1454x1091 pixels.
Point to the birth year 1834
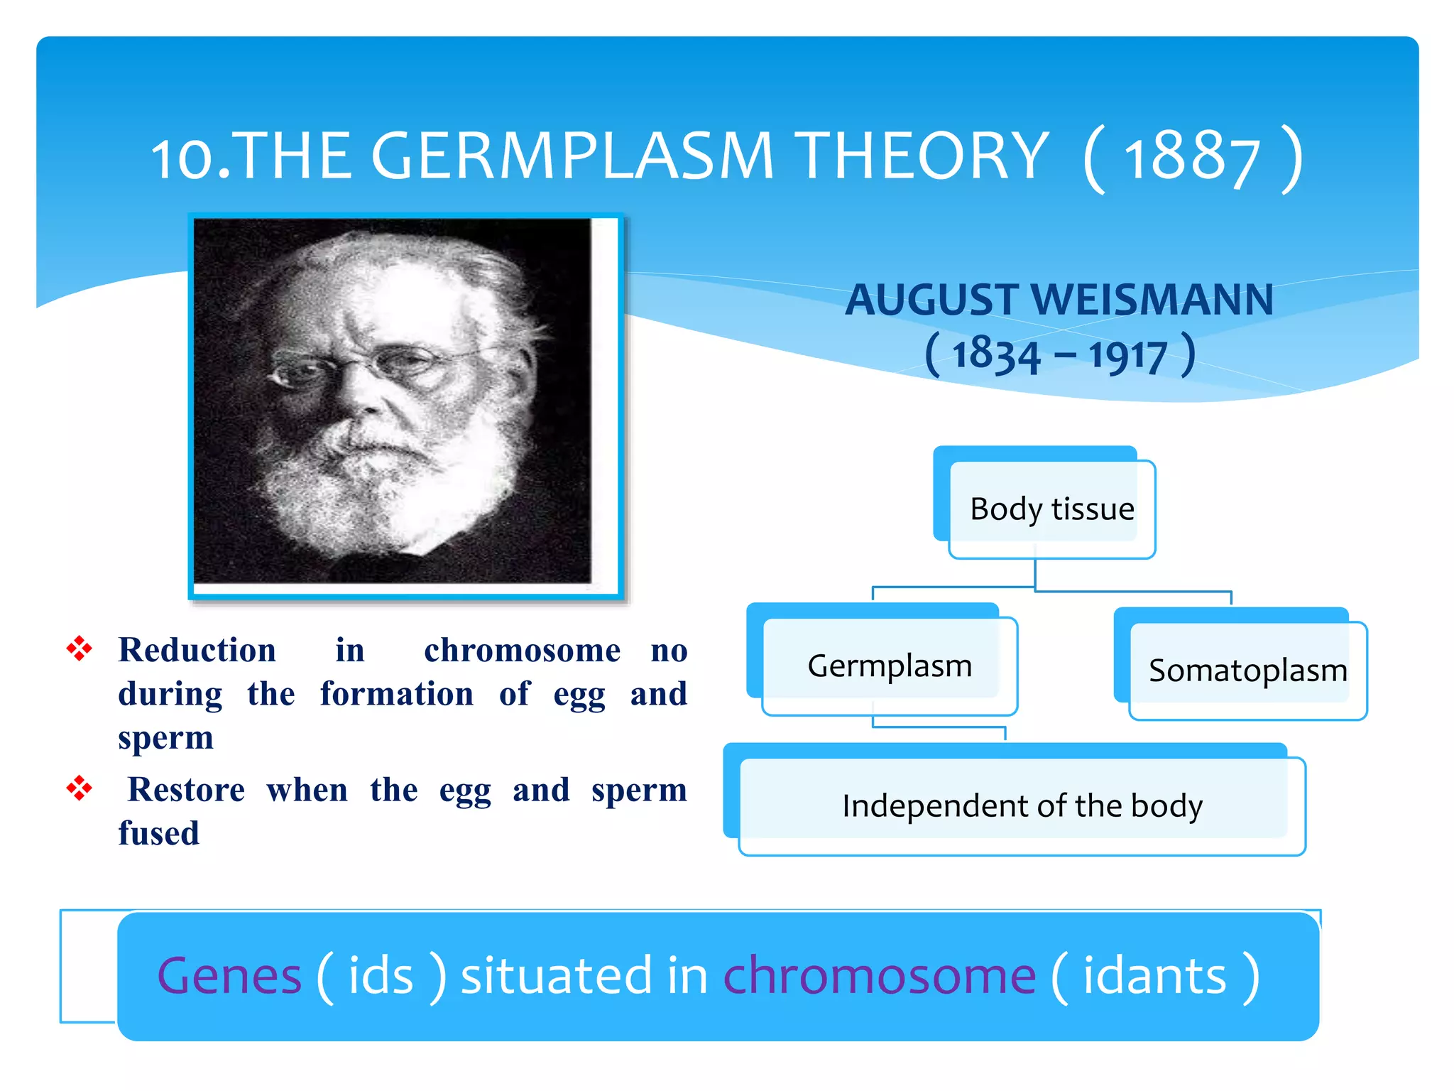995,354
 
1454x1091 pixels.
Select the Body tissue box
1051,509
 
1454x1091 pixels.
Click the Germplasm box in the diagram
889,666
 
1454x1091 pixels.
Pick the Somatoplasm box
1247,671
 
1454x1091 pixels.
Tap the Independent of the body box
1022,805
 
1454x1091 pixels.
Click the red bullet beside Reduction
79,648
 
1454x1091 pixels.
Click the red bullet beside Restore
79,788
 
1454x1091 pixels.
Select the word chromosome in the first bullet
522,651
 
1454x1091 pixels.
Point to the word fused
159,833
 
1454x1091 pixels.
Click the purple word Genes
229,976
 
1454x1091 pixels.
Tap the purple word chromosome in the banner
879,976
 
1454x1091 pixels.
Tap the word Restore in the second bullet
186,790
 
